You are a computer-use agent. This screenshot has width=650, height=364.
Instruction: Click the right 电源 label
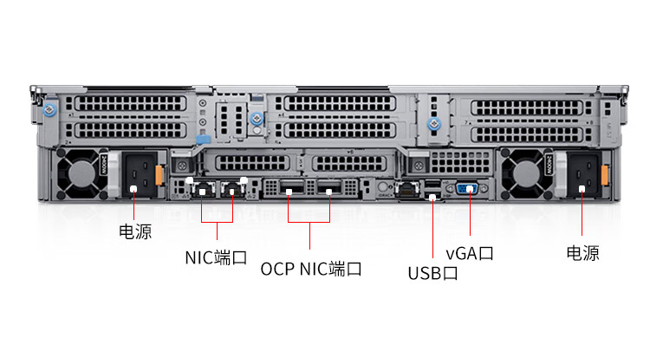[x=582, y=253]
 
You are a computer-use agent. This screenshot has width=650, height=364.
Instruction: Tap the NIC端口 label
[x=216, y=257]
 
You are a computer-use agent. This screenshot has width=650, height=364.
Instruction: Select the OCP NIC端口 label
[x=311, y=269]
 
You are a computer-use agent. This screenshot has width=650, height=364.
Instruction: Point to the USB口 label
[x=433, y=274]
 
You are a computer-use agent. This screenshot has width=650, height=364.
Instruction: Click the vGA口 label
[x=470, y=253]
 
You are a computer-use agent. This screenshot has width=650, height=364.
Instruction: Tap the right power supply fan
[x=526, y=173]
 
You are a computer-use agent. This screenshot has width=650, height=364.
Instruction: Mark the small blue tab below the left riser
[x=202, y=139]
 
